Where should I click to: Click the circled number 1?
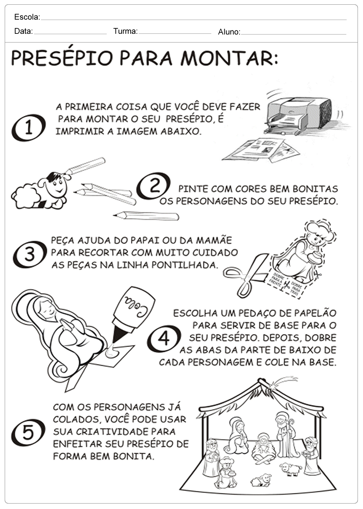point(29,128)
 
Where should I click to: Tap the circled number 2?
point(153,186)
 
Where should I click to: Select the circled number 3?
point(30,254)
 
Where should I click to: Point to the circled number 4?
point(164,339)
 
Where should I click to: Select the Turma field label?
point(126,31)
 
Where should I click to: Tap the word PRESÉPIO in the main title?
point(62,58)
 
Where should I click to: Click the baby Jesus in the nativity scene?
point(263,448)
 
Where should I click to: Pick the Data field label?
point(24,31)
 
